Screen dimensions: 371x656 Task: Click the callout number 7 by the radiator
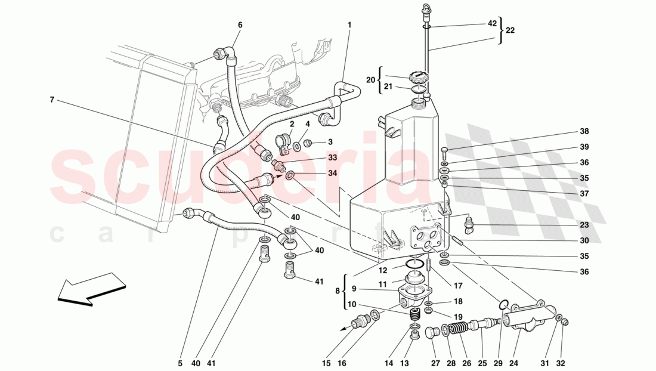click(52, 100)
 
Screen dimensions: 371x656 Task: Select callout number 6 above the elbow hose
click(240, 25)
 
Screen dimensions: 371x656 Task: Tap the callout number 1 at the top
click(349, 25)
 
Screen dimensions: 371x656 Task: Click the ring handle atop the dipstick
click(425, 8)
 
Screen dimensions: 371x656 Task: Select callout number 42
click(491, 24)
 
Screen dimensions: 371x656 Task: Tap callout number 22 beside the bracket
click(510, 30)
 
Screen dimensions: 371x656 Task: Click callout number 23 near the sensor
click(584, 225)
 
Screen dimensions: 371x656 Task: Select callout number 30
click(584, 240)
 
